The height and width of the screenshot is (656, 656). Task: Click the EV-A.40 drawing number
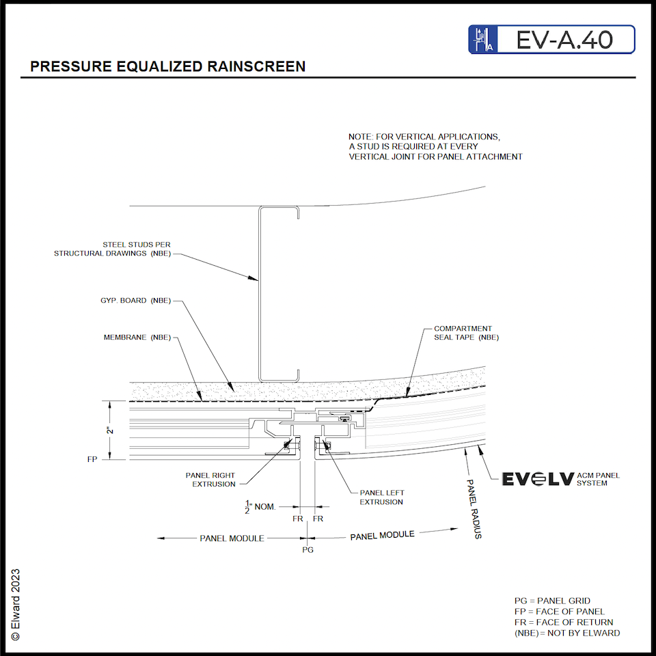[x=564, y=40]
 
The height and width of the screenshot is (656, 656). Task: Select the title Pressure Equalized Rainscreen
[x=168, y=67]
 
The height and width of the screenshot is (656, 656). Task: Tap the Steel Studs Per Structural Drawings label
[x=113, y=249]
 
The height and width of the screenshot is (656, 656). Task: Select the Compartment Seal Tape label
[x=466, y=333]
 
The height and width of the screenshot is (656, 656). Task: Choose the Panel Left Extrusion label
[x=381, y=497]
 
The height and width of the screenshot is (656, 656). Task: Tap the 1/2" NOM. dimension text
[x=260, y=506]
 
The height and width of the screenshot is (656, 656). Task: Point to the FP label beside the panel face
[x=93, y=460]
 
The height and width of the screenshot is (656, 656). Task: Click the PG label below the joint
[x=307, y=549]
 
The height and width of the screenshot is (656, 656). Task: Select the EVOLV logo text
[x=537, y=479]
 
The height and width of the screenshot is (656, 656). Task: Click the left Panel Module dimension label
[x=232, y=538]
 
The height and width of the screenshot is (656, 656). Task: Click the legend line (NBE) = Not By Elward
[x=566, y=633]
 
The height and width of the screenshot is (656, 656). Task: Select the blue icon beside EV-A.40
[x=481, y=40]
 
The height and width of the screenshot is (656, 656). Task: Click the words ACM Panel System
[x=599, y=479]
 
